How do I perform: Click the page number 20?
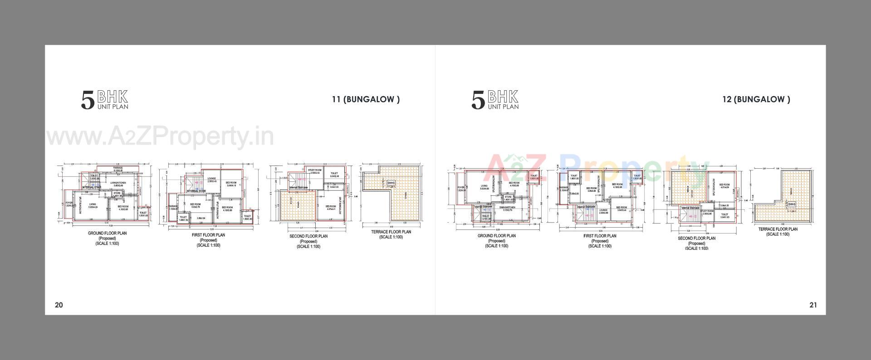tap(59, 305)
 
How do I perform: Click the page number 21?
tap(813, 305)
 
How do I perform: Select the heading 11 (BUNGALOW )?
tap(366, 100)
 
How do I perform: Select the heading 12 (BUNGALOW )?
tap(756, 100)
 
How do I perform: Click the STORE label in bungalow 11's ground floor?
tap(117, 193)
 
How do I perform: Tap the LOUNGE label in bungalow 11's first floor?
tap(211, 179)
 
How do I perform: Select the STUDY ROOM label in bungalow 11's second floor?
tap(315, 170)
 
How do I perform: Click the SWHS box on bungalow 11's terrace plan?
tap(391, 183)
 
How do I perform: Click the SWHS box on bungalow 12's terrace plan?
tap(792, 204)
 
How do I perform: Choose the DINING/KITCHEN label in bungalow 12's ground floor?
tap(507, 208)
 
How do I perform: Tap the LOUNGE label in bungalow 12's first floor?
tap(603, 210)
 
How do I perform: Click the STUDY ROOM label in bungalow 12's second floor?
tap(707, 211)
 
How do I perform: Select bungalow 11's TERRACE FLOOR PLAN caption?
tap(391, 232)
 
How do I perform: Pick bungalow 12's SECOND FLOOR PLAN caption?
tap(696, 238)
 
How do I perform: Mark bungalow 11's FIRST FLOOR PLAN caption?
tap(208, 235)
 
